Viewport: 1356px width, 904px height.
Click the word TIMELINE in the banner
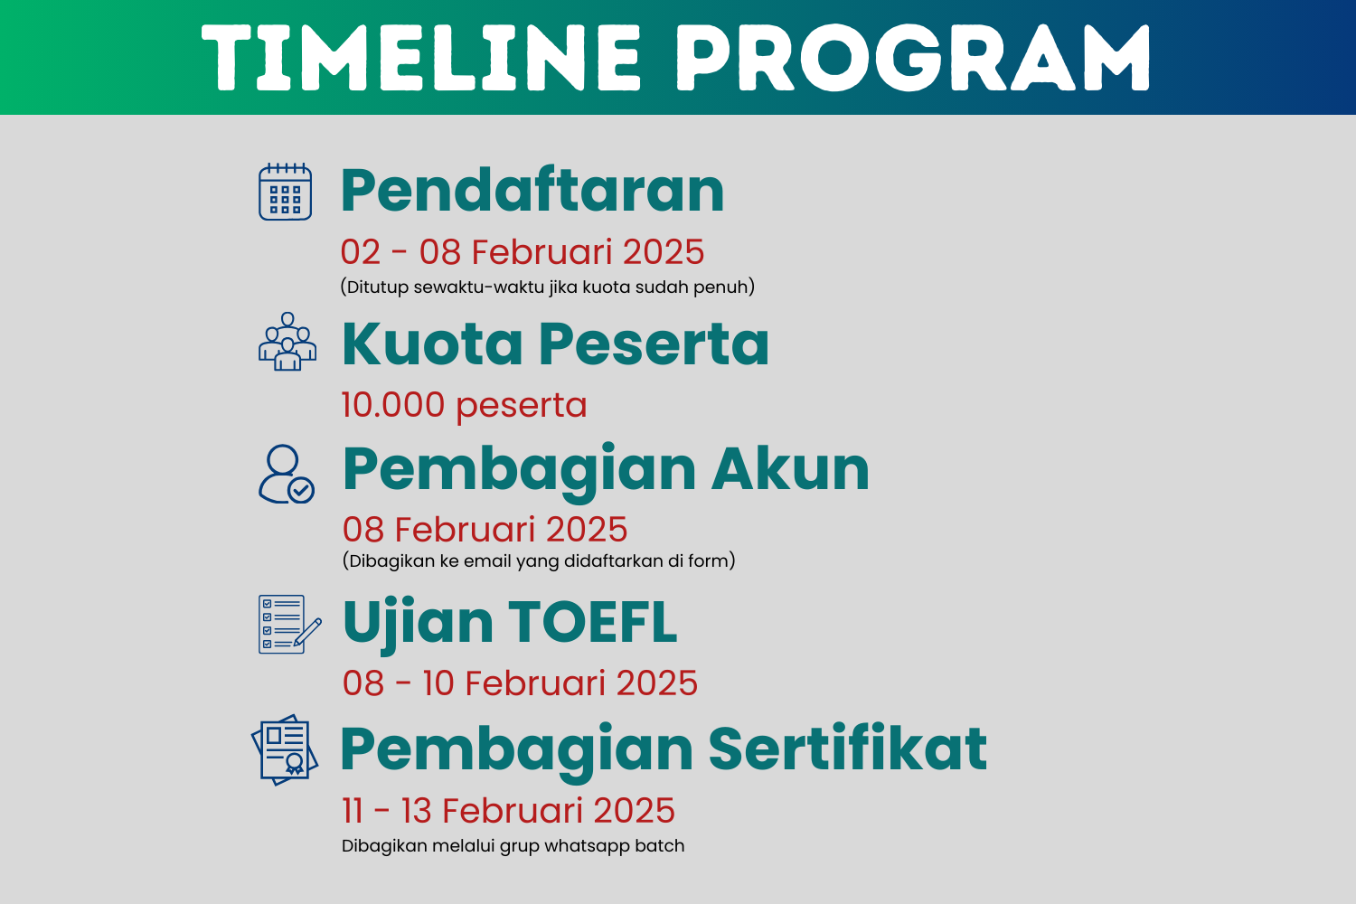point(421,58)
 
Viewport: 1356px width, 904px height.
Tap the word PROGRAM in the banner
point(913,58)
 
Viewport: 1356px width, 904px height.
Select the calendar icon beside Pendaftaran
point(286,192)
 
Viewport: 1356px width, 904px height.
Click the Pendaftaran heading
point(532,191)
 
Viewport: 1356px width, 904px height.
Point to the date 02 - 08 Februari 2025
point(523,252)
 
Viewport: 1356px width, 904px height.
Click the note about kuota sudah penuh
point(547,287)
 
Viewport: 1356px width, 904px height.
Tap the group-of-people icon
point(287,342)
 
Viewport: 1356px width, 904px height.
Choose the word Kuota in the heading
point(433,344)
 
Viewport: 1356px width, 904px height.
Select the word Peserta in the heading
point(654,344)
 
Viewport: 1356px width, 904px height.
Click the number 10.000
point(393,405)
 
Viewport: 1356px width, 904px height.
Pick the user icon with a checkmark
point(286,474)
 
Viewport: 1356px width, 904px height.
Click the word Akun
point(790,469)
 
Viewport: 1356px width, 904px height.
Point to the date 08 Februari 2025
point(485,530)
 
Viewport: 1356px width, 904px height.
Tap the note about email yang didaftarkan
point(539,561)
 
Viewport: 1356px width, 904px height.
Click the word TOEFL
point(592,623)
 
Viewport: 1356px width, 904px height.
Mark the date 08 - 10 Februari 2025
point(520,683)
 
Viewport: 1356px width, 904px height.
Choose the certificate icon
point(285,749)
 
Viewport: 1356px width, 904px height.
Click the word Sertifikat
point(847,749)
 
